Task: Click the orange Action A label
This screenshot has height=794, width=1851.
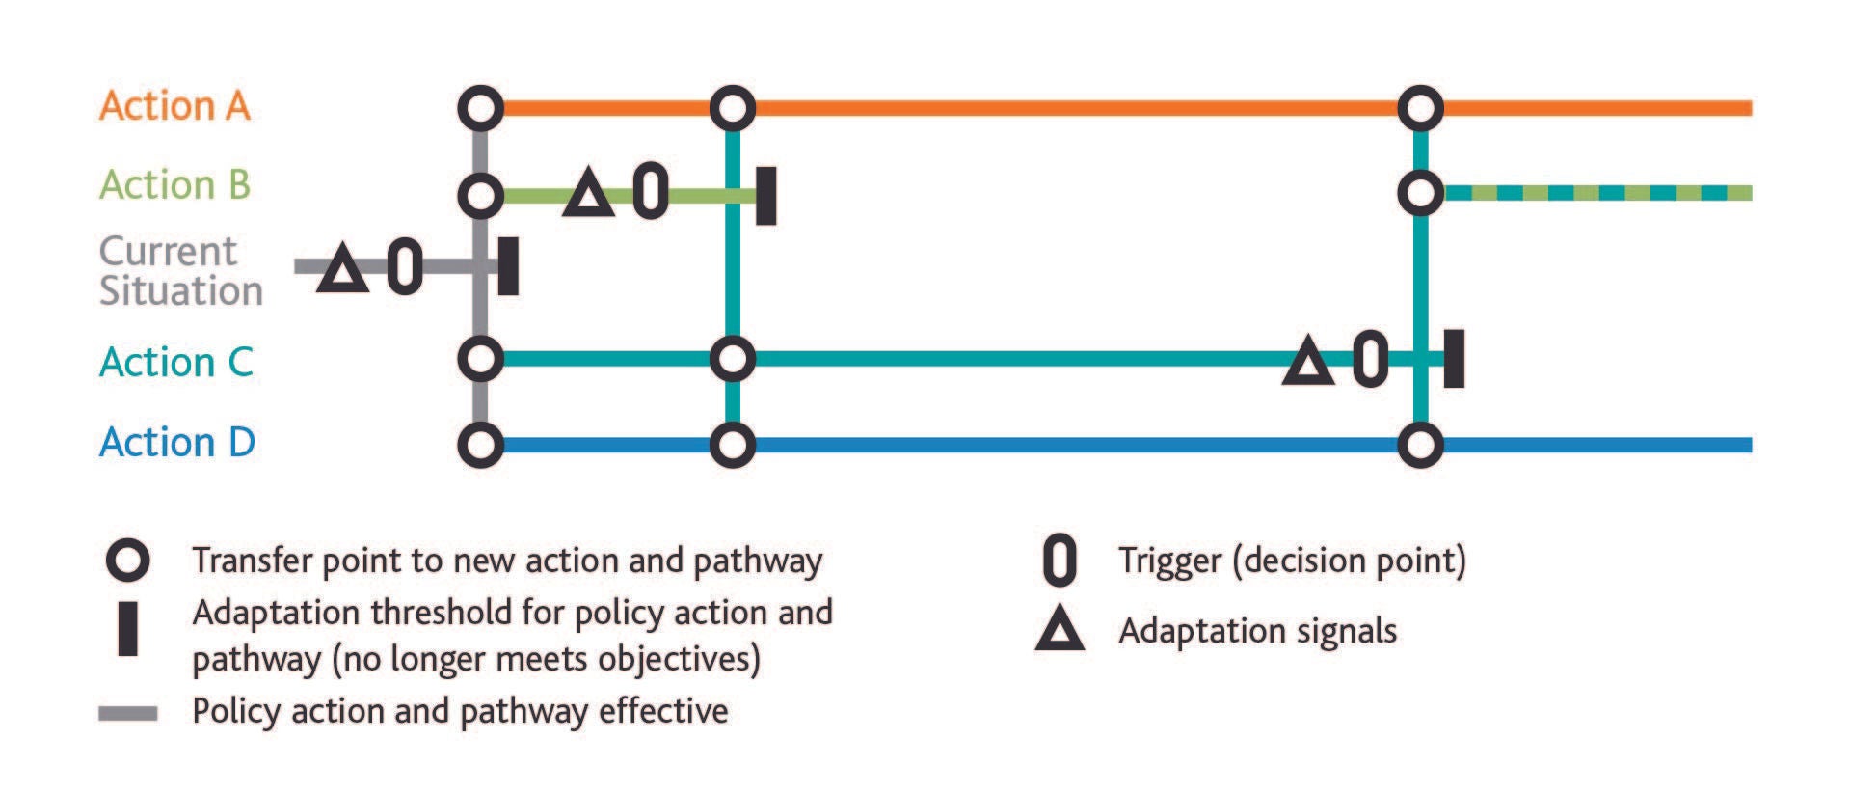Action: [x=174, y=105]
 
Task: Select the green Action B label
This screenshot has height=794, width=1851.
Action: [x=174, y=184]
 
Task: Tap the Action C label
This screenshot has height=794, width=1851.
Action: [x=176, y=362]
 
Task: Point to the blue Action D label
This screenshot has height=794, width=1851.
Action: [x=177, y=442]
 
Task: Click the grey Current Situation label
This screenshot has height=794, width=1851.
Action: [x=180, y=271]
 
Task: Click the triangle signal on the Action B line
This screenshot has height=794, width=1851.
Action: [x=588, y=194]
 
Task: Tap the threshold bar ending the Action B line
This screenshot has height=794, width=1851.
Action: [x=765, y=195]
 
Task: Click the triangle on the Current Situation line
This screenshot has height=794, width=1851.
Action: [x=342, y=269]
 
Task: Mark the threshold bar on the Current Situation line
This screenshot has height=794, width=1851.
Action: [x=508, y=265]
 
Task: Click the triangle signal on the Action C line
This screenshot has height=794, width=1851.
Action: [x=1307, y=363]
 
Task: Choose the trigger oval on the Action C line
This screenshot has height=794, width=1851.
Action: [x=1370, y=359]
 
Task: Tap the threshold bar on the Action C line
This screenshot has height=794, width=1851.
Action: [x=1454, y=358]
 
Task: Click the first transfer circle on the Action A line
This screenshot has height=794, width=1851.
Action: [x=480, y=108]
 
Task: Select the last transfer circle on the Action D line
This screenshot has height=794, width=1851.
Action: [x=1420, y=445]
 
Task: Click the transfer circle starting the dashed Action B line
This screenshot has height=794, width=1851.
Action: [x=1420, y=193]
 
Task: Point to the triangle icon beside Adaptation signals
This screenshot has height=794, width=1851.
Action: [x=1060, y=631]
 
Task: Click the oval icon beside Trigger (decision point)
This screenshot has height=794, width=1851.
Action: [x=1060, y=561]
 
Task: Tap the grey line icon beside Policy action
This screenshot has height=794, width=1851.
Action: [x=127, y=713]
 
